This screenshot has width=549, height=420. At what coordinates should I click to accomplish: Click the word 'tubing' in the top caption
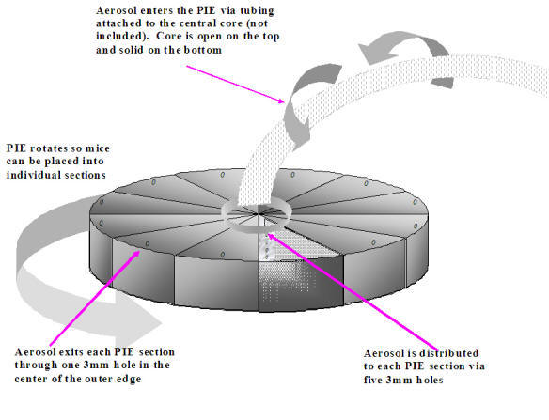(257, 11)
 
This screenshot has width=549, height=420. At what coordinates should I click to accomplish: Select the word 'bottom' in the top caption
(203, 50)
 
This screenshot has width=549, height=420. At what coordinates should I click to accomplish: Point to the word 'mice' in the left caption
(98, 148)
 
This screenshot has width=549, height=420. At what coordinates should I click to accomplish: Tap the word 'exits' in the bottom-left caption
(71, 351)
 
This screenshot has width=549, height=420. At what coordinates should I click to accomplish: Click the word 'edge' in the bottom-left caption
(129, 379)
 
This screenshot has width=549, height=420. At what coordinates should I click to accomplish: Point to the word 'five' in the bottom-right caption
(373, 380)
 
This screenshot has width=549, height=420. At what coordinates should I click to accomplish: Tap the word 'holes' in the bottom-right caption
(430, 380)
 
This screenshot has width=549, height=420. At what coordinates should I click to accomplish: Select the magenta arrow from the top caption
(235, 85)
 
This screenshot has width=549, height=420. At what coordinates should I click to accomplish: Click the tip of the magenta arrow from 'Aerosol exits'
(140, 251)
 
